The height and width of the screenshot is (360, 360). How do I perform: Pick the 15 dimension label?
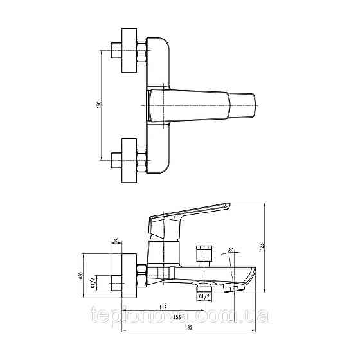(116, 240)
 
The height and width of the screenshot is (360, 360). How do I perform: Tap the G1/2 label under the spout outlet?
(204, 297)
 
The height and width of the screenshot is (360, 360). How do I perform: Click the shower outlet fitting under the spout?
(204, 286)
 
